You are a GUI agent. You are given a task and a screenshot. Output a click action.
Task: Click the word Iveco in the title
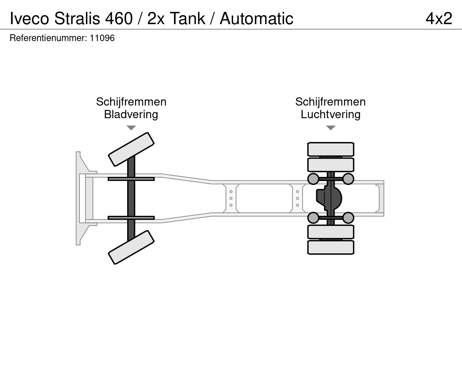[x=30, y=19]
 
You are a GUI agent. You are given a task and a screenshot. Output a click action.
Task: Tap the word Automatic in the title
[x=256, y=19]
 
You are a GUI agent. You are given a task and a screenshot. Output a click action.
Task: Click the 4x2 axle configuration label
[x=439, y=19]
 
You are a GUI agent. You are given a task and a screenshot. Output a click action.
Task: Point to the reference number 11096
[x=102, y=38]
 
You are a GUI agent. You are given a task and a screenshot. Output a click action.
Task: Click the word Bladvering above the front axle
[x=131, y=115]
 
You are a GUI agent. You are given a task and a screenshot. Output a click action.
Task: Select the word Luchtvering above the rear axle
[x=331, y=115]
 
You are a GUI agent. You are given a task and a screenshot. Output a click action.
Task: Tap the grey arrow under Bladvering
[x=131, y=128]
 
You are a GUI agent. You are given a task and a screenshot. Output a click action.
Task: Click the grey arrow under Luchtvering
[x=331, y=128]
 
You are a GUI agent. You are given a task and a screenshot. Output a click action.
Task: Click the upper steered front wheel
[x=131, y=149]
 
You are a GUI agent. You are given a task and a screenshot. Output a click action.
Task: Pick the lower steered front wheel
[x=131, y=247]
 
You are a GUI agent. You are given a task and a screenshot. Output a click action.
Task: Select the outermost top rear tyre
[x=331, y=149]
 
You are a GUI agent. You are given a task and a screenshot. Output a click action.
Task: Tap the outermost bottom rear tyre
[x=331, y=248]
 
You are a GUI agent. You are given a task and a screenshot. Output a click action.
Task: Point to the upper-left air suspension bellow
[x=313, y=179]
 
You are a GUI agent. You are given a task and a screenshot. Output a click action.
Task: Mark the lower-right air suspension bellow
[x=348, y=218]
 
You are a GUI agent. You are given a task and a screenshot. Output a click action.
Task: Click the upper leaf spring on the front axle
[x=131, y=179]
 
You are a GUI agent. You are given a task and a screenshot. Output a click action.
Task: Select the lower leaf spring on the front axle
[x=131, y=218]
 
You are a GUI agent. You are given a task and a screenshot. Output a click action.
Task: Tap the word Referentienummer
[x=48, y=38]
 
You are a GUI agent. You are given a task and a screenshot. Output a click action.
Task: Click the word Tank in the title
[x=187, y=19]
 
